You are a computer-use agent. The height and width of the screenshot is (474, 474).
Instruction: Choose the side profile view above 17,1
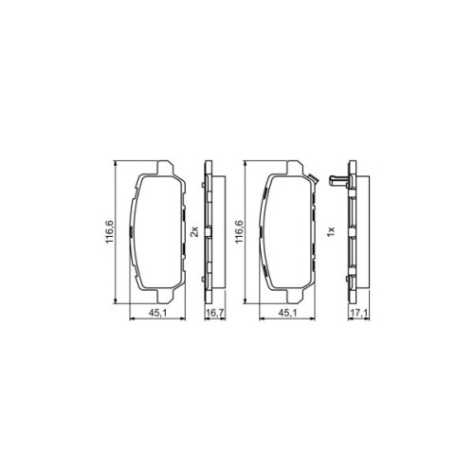click(x=352, y=233)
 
